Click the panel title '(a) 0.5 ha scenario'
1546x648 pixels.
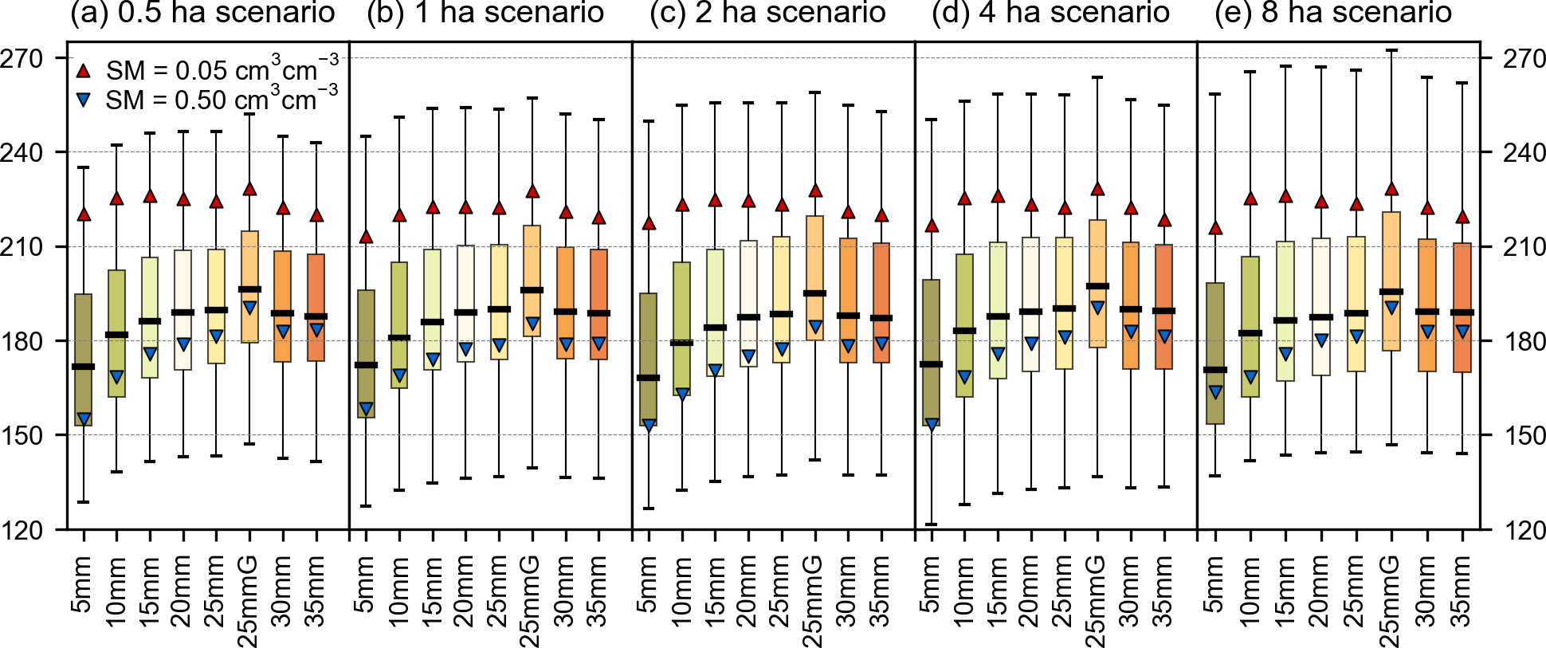pyautogui.click(x=202, y=14)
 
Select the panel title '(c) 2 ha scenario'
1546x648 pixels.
pyautogui.click(x=767, y=14)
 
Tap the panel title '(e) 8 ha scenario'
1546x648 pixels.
pyautogui.click(x=1332, y=14)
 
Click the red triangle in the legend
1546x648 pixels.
pyautogui.click(x=84, y=71)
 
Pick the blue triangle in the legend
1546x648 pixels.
pyautogui.click(x=84, y=100)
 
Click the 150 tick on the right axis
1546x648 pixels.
pyautogui.click(x=1524, y=435)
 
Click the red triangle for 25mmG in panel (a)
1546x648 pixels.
pyautogui.click(x=249, y=189)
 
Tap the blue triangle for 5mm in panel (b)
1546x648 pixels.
pyautogui.click(x=366, y=409)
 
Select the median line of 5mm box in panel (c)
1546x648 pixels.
pyautogui.click(x=649, y=378)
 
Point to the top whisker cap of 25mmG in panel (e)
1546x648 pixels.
pyautogui.click(x=1391, y=50)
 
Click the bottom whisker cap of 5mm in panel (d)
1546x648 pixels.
pyautogui.click(x=931, y=524)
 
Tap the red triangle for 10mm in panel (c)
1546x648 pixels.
pyautogui.click(x=682, y=205)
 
